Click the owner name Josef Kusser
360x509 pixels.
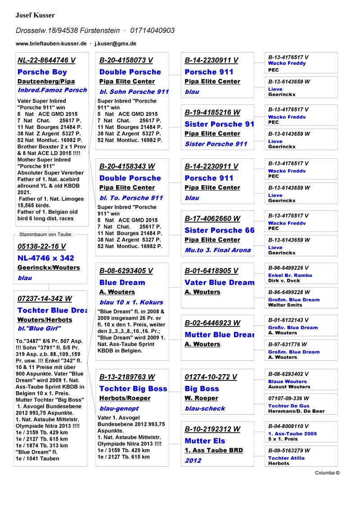point(35,15)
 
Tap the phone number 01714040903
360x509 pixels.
point(153,31)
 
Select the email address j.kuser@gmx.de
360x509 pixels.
point(115,44)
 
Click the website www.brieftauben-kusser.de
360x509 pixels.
point(51,44)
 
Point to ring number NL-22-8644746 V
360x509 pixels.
point(46,60)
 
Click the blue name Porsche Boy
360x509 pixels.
point(42,72)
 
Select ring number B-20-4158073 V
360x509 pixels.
point(126,60)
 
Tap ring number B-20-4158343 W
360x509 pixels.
point(127,166)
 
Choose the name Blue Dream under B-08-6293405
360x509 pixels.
point(122,282)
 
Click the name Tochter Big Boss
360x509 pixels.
point(133,388)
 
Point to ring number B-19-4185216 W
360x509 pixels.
point(212,112)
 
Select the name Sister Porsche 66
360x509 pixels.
point(219,230)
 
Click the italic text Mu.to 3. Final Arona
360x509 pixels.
point(217,250)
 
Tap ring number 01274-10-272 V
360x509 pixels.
point(211,377)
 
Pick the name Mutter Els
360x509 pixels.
point(205,441)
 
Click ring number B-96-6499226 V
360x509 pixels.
point(288,268)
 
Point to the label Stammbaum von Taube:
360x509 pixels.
point(46,234)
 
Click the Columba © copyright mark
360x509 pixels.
point(327,473)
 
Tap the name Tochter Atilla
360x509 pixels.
point(286,458)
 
